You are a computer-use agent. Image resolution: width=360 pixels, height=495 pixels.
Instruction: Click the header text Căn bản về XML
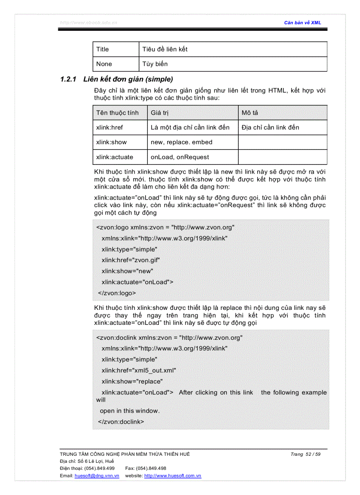tap(303, 22)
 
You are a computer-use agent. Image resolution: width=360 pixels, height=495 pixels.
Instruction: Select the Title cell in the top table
tap(102, 49)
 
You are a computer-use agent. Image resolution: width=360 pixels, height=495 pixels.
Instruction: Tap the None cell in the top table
tap(104, 64)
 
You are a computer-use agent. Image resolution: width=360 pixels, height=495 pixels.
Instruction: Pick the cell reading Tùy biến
tap(155, 64)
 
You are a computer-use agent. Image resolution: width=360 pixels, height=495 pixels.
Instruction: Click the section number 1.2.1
tap(69, 79)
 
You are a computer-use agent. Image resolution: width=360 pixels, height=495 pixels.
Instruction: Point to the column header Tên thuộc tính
tap(117, 113)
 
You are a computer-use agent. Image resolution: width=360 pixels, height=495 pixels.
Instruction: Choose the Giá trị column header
tap(160, 113)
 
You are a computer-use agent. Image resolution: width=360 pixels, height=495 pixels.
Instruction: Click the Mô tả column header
tap(250, 113)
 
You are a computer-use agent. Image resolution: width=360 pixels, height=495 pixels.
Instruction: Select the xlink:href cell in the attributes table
tap(110, 127)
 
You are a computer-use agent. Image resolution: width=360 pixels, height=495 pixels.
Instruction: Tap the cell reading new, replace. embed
tap(181, 142)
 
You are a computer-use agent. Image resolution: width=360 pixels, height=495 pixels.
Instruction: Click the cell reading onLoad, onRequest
tap(180, 157)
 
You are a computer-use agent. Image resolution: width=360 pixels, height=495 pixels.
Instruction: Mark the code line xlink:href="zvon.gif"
tap(131, 260)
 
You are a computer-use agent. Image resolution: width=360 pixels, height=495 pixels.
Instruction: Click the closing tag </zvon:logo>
tap(117, 293)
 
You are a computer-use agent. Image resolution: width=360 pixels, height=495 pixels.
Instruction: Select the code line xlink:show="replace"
tap(132, 381)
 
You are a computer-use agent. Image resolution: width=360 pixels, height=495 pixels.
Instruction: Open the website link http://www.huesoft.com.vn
tap(172, 476)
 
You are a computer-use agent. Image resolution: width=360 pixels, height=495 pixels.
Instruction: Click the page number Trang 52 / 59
tap(305, 454)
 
